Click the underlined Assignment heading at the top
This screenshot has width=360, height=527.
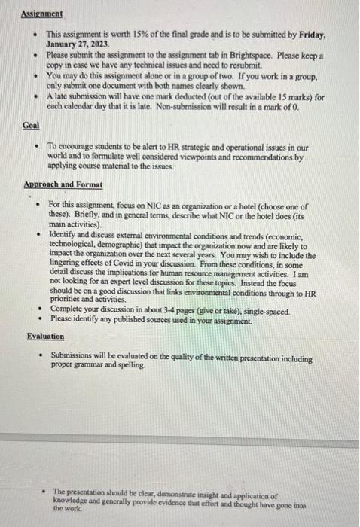(x=41, y=14)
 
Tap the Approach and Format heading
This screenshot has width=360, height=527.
(x=63, y=184)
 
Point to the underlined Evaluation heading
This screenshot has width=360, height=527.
(x=45, y=337)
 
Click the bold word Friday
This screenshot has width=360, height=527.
(x=309, y=35)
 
